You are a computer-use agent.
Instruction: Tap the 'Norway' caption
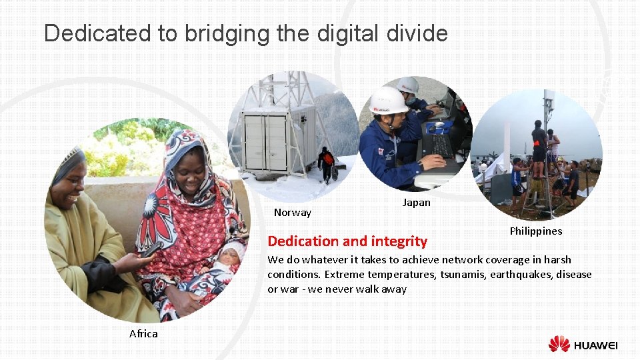[293, 213]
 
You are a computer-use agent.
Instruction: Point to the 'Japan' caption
[417, 203]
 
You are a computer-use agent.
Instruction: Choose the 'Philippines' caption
[535, 231]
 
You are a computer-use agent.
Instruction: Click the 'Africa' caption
[143, 333]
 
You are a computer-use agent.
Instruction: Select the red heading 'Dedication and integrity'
[347, 241]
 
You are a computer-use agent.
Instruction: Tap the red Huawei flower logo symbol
[559, 344]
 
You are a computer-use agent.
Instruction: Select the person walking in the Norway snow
[325, 164]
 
